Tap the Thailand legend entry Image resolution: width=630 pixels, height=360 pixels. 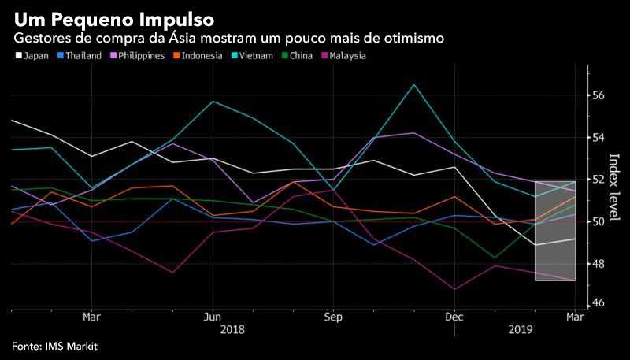click(80, 56)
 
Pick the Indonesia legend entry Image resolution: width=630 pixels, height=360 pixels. click(196, 56)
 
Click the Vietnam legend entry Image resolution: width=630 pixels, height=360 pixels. click(251, 56)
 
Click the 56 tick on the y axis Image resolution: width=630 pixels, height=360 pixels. click(598, 95)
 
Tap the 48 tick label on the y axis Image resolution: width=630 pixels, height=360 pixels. click(598, 264)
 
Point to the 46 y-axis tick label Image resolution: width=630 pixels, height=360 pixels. click(598, 303)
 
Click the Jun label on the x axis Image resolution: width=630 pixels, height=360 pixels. click(212, 317)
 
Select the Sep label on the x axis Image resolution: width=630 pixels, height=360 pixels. click(333, 317)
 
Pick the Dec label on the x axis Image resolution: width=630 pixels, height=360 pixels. click(454, 317)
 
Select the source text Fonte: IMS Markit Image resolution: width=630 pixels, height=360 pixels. click(54, 346)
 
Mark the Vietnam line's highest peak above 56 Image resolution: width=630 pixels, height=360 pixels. click(414, 84)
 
